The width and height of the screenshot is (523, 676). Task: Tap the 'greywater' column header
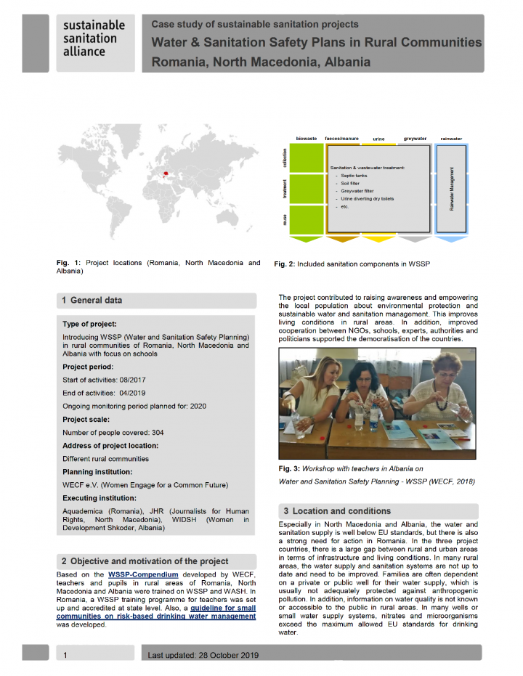click(415, 137)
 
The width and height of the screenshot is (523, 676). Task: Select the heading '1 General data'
click(92, 300)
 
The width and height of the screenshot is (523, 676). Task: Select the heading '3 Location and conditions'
click(341, 510)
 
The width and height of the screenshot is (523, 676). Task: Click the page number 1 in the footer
click(65, 655)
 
